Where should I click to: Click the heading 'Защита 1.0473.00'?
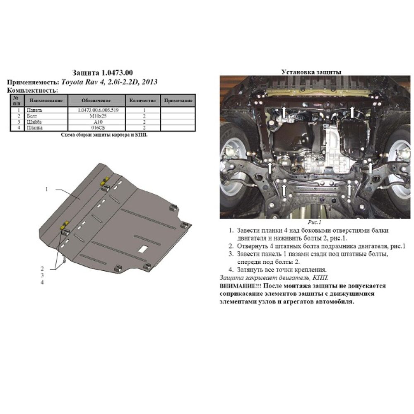coord(102,73)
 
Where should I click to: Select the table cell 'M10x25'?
coord(96,116)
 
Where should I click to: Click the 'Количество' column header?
coord(142,101)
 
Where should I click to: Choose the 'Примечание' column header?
coord(178,101)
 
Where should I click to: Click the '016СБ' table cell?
coord(96,128)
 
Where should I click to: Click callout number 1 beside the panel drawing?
coord(47,189)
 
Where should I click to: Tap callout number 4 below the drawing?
coord(42,282)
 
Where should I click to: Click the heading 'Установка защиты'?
coord(311,72)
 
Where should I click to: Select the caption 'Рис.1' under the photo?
coord(314,222)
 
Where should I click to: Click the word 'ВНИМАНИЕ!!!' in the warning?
coord(240,286)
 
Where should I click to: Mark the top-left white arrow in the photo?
coord(284,112)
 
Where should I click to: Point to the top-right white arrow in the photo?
coord(352,112)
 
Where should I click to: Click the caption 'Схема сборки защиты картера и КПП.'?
coord(104,135)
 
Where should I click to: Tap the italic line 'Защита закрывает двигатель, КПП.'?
coord(274,278)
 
